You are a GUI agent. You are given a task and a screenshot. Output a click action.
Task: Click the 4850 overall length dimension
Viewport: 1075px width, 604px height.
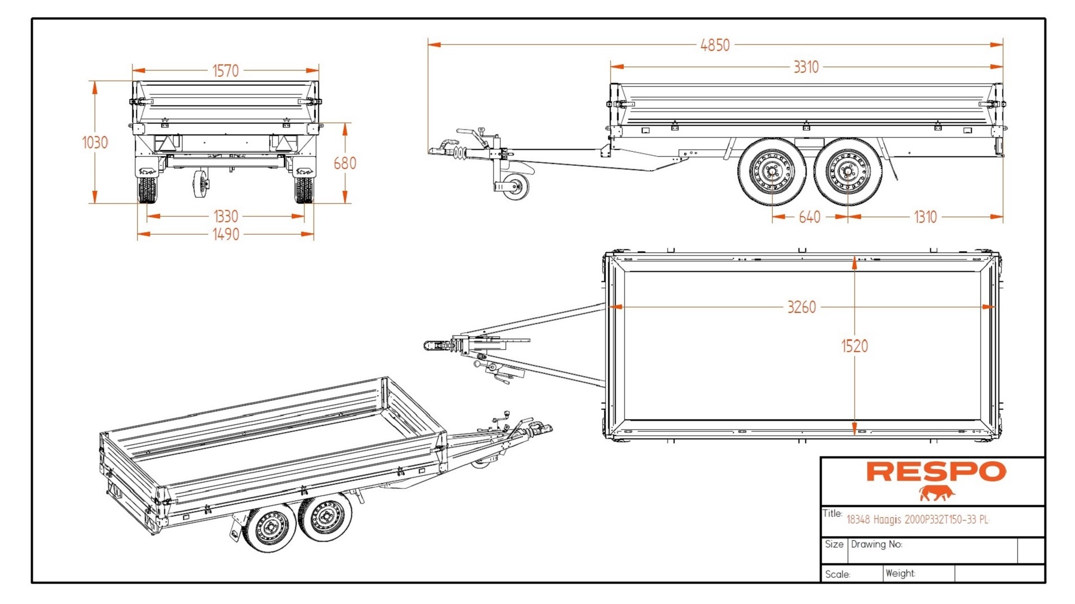pos(715,45)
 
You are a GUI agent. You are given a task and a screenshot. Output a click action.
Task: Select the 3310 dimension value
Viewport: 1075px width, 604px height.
pos(806,67)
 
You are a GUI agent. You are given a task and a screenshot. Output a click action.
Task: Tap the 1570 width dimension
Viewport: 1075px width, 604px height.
pos(225,71)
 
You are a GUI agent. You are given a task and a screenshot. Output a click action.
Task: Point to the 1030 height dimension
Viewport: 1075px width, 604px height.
pos(95,143)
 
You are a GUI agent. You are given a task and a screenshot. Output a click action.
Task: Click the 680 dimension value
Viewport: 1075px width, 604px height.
pos(344,163)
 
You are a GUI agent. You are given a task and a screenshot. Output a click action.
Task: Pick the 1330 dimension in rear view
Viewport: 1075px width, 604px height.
pos(225,216)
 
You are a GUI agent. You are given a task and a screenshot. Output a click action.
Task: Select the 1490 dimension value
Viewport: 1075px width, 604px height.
pos(225,234)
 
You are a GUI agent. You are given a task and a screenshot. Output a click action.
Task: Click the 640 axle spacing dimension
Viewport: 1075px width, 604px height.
pos(809,217)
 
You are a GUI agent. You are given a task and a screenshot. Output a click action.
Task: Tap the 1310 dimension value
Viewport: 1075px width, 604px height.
pos(924,217)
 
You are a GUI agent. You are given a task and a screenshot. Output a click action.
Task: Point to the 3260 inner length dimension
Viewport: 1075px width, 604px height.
pos(801,307)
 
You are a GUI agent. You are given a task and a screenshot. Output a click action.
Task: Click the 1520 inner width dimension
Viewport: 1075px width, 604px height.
pos(854,346)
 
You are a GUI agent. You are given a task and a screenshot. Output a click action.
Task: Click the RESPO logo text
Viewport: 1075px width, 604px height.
pos(936,471)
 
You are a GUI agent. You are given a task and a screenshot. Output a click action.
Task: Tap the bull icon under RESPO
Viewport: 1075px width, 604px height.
pos(936,493)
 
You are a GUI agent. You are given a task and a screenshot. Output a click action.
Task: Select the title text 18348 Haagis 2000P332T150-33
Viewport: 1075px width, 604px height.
pos(917,519)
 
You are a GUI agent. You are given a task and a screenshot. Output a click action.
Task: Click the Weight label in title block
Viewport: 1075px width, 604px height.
pos(900,573)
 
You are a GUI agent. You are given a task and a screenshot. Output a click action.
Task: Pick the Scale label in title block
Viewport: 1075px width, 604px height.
pos(837,574)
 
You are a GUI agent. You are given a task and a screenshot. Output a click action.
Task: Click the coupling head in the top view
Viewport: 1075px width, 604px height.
pos(433,345)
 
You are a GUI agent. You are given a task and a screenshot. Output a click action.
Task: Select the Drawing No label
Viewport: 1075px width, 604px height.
pos(876,544)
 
